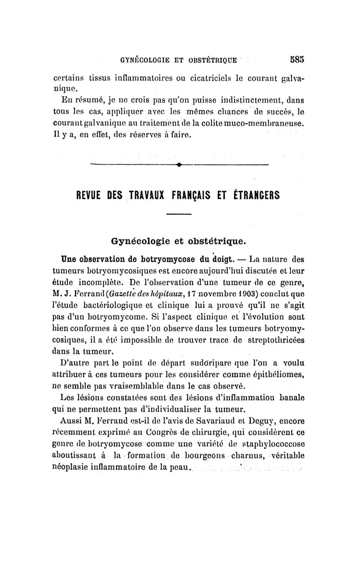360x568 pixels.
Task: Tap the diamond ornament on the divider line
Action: click(x=179, y=165)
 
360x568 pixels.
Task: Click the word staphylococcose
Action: click(x=274, y=444)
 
